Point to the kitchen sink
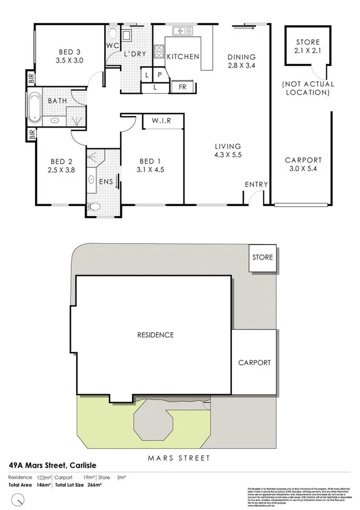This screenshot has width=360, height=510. (181, 32)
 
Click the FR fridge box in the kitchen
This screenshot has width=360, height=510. (183, 87)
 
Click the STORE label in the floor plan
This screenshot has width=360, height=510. (307, 42)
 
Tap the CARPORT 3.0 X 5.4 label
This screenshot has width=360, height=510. (303, 164)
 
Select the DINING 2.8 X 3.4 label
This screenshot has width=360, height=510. (242, 61)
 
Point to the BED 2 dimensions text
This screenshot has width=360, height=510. (60, 169)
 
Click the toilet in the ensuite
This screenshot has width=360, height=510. (95, 206)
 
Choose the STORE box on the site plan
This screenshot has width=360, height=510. (263, 257)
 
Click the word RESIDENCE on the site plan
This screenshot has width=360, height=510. (155, 335)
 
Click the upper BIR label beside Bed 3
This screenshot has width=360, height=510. (32, 79)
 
